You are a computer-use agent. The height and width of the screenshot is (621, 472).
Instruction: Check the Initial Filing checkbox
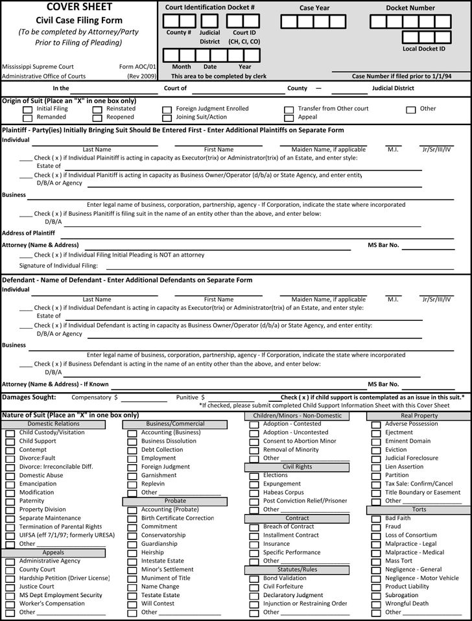point(27,110)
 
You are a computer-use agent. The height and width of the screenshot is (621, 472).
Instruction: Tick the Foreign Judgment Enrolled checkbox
point(167,110)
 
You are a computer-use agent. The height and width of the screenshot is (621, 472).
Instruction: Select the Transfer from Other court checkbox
point(289,110)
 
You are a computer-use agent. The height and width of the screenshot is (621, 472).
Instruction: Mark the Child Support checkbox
point(10,441)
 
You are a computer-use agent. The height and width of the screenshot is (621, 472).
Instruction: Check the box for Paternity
point(10,501)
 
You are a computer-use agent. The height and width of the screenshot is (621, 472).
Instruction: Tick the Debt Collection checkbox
point(132,450)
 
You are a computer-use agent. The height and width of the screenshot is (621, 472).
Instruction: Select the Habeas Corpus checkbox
point(254,493)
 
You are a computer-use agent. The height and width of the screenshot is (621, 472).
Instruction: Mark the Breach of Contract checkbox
point(254,527)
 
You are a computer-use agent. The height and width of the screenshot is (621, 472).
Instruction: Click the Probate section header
point(175,501)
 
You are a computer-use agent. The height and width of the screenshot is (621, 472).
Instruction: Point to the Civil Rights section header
point(297,467)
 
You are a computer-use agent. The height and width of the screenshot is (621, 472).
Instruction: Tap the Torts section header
point(419,510)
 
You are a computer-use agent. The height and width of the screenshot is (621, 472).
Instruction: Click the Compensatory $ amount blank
point(139,397)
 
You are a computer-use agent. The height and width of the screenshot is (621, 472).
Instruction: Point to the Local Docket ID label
point(423,49)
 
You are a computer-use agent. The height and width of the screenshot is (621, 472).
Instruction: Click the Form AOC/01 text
point(137,67)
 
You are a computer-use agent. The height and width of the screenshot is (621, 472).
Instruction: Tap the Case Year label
point(314,8)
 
